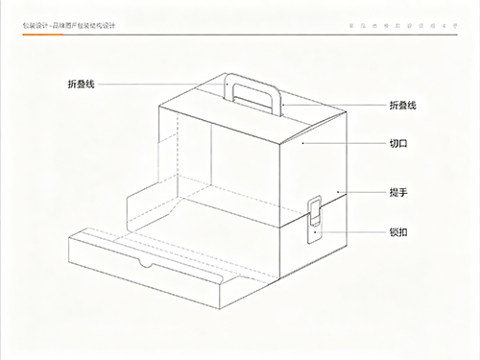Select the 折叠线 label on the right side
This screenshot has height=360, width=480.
click(x=402, y=105)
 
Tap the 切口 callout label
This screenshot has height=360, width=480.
click(x=398, y=143)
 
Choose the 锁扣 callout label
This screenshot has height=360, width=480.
click(x=398, y=231)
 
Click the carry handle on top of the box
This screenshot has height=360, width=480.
click(x=253, y=88)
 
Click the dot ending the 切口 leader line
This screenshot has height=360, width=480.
click(x=303, y=143)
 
